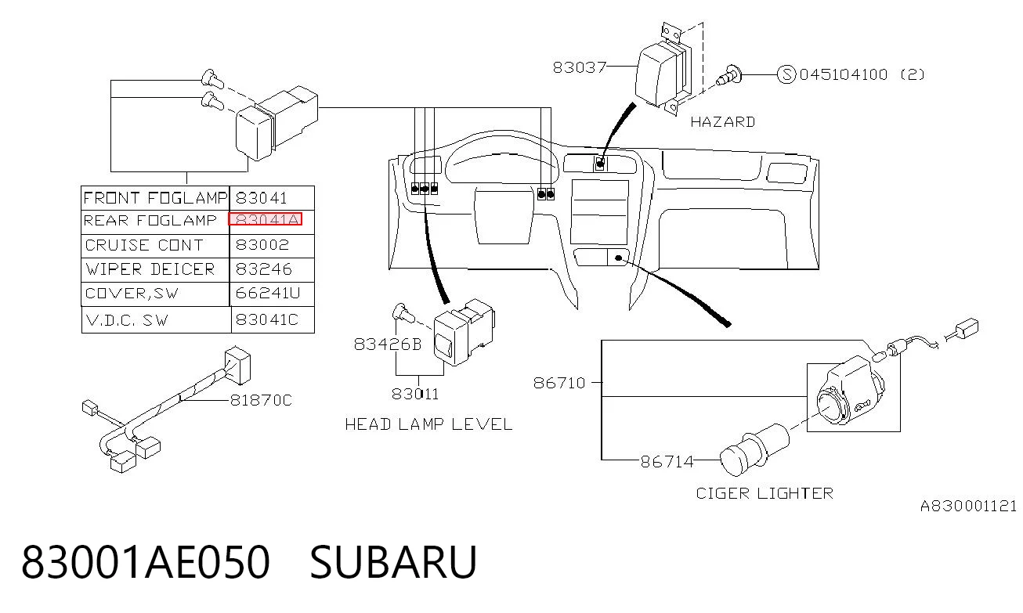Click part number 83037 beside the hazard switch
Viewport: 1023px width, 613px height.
579,67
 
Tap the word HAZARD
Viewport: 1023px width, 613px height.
722,122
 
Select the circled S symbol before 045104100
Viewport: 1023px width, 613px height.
786,74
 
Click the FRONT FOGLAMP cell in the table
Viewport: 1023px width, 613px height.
155,198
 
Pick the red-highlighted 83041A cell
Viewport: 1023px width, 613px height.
265,219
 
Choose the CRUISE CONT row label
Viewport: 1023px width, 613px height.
144,245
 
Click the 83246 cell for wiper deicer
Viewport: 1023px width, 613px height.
263,269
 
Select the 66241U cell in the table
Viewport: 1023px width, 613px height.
268,293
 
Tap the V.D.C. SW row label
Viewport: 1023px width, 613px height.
127,320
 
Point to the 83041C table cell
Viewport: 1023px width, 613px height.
266,319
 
